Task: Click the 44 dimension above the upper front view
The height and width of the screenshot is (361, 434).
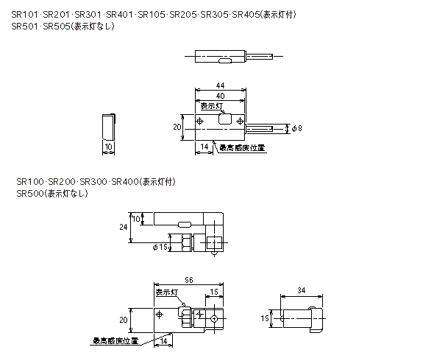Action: click(x=221, y=85)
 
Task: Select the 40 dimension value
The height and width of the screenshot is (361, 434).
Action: click(x=221, y=96)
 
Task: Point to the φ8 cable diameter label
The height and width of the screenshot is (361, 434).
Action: click(x=297, y=128)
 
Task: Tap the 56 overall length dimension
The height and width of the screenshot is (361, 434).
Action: click(x=189, y=280)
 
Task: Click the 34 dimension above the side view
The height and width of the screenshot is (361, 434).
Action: click(x=302, y=290)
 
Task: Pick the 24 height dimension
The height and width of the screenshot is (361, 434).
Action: click(x=123, y=227)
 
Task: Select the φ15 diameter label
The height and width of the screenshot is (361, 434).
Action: click(x=160, y=247)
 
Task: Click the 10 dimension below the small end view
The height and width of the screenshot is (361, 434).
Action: click(x=109, y=147)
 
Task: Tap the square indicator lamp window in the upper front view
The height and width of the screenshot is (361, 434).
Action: click(x=224, y=119)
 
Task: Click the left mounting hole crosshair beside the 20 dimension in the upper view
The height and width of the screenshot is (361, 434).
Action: click(x=199, y=121)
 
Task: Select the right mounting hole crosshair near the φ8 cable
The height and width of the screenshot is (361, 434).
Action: click(x=240, y=121)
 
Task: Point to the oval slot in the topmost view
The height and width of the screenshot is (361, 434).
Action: click(x=225, y=60)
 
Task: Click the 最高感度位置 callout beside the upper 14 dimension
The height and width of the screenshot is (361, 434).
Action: click(x=242, y=148)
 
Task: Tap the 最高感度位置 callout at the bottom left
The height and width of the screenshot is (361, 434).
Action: click(x=115, y=341)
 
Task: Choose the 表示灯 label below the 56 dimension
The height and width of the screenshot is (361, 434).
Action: click(x=166, y=292)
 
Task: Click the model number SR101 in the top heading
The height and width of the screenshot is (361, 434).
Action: click(x=24, y=15)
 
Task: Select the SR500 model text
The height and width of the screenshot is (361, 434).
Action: click(x=30, y=193)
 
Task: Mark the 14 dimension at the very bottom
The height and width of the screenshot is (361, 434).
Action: click(x=163, y=340)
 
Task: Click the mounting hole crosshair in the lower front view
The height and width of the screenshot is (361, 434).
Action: click(x=160, y=315)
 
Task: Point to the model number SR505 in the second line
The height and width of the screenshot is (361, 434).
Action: click(x=57, y=27)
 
